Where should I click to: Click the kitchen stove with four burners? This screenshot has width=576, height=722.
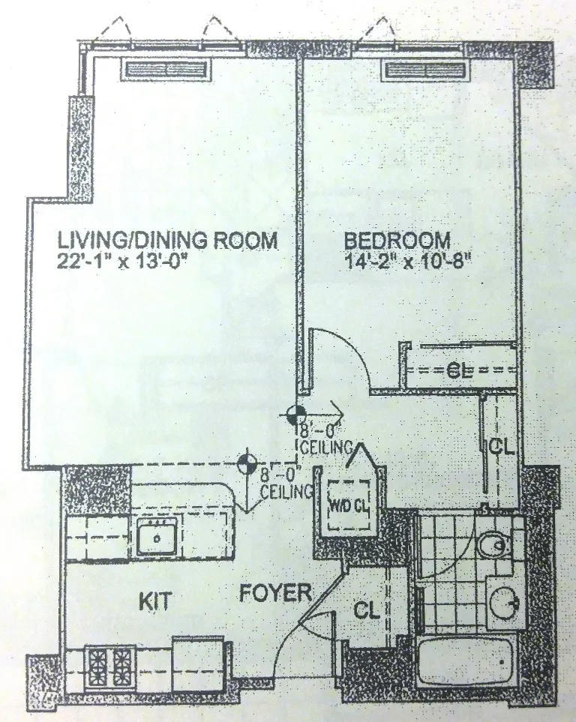click(x=111, y=664)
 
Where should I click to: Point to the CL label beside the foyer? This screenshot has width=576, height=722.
click(x=367, y=609)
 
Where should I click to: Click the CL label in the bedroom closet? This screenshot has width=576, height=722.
click(x=458, y=369)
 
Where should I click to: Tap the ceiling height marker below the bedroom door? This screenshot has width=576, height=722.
click(x=295, y=413)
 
